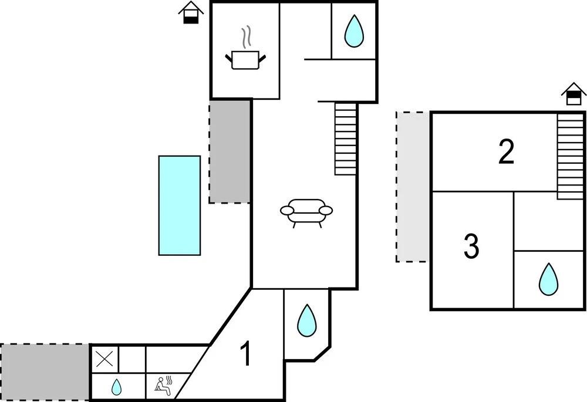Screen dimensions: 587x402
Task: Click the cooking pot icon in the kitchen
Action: pos(245,60)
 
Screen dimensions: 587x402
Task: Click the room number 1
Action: pos(245,354)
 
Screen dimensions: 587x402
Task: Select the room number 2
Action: pos(506,151)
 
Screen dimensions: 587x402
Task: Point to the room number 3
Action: pos(471,246)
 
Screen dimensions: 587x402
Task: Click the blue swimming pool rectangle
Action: pos(179,205)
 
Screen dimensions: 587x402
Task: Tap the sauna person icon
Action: pos(164,387)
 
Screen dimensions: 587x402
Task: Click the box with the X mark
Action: pos(105,359)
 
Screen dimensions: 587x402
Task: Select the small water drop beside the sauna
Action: pos(116,387)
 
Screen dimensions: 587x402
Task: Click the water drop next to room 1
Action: pos(306,320)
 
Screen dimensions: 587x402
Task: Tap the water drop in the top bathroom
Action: pos(354,31)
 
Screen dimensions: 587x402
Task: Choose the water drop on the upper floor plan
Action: pos(548,279)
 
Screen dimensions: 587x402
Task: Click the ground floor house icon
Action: pos(191,13)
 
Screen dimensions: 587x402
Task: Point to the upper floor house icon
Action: pos(573,94)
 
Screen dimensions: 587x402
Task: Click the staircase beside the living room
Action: pos(345,139)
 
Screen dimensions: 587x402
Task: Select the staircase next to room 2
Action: pos(571,157)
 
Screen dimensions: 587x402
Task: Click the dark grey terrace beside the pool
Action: pos(230,152)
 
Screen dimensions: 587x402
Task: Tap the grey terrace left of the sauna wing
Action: pos(45,372)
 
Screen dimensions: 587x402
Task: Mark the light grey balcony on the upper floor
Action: pos(413,187)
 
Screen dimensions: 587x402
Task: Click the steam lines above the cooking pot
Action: pos(245,38)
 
